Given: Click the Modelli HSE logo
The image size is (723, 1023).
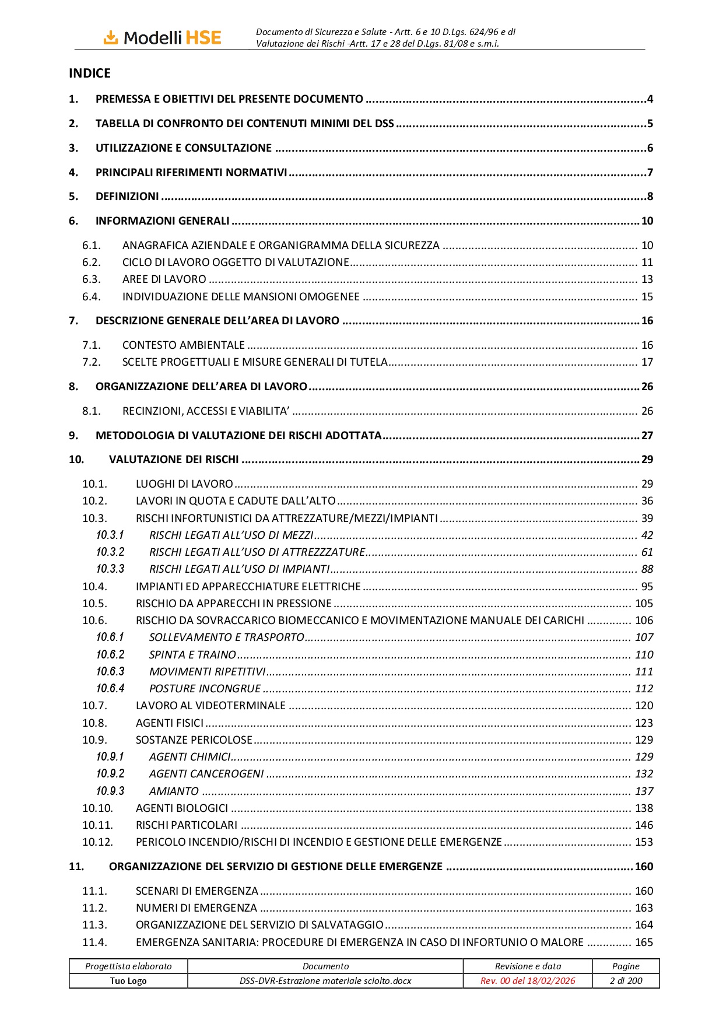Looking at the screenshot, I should point(163,38).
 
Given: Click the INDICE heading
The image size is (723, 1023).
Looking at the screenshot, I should point(90,73).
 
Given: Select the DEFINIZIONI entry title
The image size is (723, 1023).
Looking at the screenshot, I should point(127,197).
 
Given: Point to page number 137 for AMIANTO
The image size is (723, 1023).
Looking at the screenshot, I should point(644,791).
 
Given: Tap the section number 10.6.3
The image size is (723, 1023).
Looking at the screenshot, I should point(110,672).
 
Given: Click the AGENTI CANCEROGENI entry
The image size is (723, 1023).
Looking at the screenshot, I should point(206,774).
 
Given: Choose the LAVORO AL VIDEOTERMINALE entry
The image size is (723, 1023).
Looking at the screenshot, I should point(210,706).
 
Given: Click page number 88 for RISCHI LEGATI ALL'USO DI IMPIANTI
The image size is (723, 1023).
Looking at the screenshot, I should point(647,569).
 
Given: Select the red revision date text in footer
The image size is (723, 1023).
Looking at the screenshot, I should point(528,981).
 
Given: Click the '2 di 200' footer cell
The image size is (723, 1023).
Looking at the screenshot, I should point(626,981).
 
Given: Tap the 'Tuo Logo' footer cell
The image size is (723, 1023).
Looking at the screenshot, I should point(128,981).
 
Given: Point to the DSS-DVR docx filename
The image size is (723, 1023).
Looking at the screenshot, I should point(325,981).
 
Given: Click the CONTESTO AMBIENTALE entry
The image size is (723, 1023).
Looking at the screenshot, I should point(184,345).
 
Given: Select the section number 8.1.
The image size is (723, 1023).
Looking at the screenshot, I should point(91,411).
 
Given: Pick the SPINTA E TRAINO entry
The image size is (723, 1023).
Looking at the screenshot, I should point(192,655).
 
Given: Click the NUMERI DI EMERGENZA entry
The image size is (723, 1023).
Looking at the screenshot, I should point(196,908).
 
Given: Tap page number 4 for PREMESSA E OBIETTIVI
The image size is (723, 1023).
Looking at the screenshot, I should point(650,99).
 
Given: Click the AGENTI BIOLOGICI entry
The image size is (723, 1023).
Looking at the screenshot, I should point(182,808).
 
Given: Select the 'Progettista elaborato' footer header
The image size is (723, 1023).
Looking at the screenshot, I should point(128,966).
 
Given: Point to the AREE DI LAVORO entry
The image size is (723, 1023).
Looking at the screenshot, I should point(164,279).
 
